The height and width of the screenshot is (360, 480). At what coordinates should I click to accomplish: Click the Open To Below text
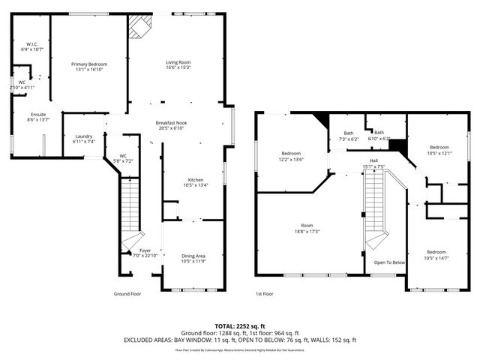(x=389, y=262)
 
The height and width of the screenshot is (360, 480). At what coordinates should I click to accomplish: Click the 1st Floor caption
(x=264, y=294)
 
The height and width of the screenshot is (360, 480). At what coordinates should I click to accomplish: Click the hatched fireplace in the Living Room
(x=139, y=28)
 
